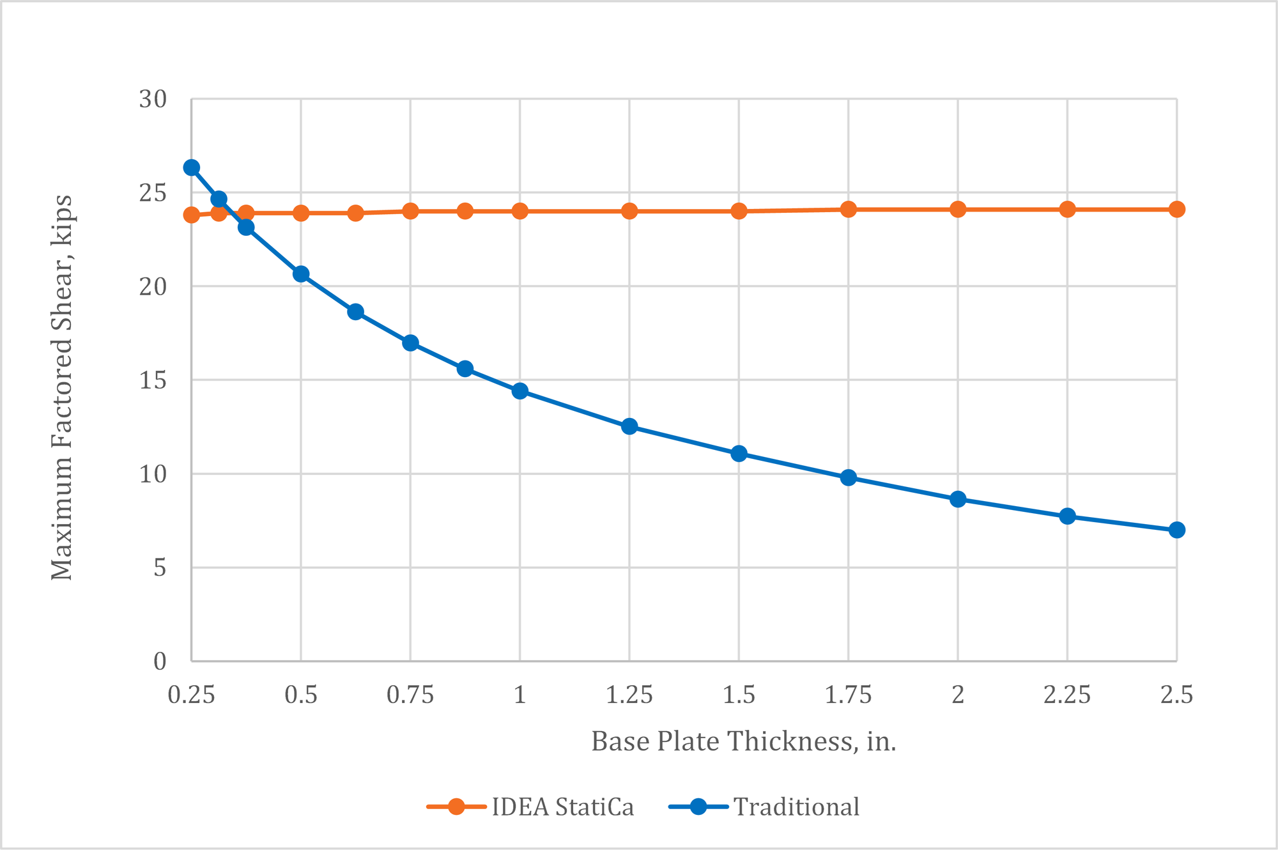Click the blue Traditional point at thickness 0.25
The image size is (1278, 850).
pyautogui.click(x=192, y=167)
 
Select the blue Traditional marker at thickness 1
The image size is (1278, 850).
pyautogui.click(x=520, y=391)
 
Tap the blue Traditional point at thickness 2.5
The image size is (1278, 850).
pyautogui.click(x=1176, y=530)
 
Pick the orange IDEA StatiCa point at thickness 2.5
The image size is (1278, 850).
pyautogui.click(x=1176, y=209)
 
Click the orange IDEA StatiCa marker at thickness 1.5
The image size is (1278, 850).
pyautogui.click(x=739, y=211)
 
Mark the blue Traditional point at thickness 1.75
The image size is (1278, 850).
pyautogui.click(x=848, y=477)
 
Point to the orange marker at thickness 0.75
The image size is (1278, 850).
pyautogui.click(x=410, y=211)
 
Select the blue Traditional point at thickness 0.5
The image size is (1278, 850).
pyautogui.click(x=301, y=274)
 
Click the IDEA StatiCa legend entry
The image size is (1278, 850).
pyautogui.click(x=530, y=807)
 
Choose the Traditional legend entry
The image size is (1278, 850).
pyautogui.click(x=764, y=807)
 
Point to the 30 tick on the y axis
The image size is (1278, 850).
pyautogui.click(x=153, y=99)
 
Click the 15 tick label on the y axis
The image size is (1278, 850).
pyautogui.click(x=153, y=380)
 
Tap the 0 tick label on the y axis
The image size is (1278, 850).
pyautogui.click(x=160, y=661)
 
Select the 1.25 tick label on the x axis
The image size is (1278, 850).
pyautogui.click(x=629, y=695)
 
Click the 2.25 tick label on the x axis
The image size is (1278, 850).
pyautogui.click(x=1067, y=695)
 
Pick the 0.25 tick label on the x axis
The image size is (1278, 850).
pyautogui.click(x=192, y=695)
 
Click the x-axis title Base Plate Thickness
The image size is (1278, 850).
pyautogui.click(x=744, y=742)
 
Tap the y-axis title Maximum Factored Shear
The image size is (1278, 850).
pyautogui.click(x=62, y=387)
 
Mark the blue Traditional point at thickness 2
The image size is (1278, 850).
pyautogui.click(x=957, y=499)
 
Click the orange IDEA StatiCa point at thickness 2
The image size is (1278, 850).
pyautogui.click(x=957, y=209)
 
